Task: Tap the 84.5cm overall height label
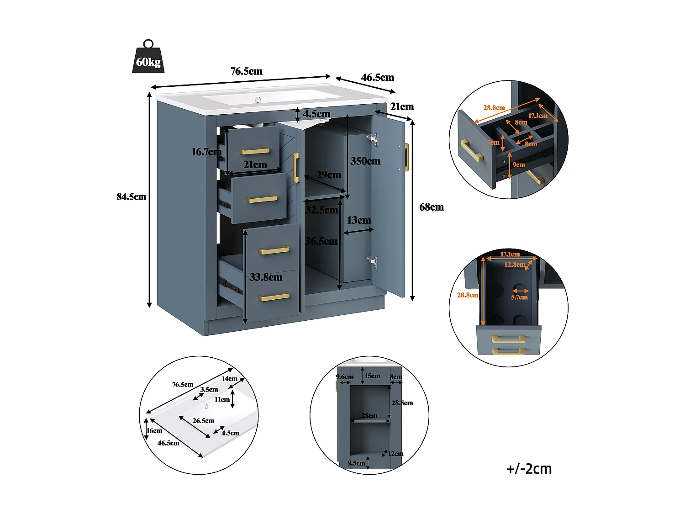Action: tap(131, 197)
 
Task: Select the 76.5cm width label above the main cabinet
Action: tap(246, 71)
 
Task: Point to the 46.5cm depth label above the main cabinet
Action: tap(377, 78)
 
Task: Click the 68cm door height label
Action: tap(431, 207)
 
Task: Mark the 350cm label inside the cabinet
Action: tap(365, 161)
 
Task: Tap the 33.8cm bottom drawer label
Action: tap(266, 277)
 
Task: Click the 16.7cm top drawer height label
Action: tap(206, 152)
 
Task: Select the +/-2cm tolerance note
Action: tap(529, 469)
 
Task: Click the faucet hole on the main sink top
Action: tap(258, 100)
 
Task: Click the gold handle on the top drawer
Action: tap(255, 151)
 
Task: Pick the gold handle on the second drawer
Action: tap(262, 199)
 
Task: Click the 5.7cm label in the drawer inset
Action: tap(519, 297)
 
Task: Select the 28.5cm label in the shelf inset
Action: tap(402, 403)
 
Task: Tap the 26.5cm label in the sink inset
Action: tap(203, 421)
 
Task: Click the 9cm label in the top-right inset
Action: tap(518, 165)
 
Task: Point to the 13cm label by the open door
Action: tap(358, 221)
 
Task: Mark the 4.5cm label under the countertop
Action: tap(316, 114)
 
